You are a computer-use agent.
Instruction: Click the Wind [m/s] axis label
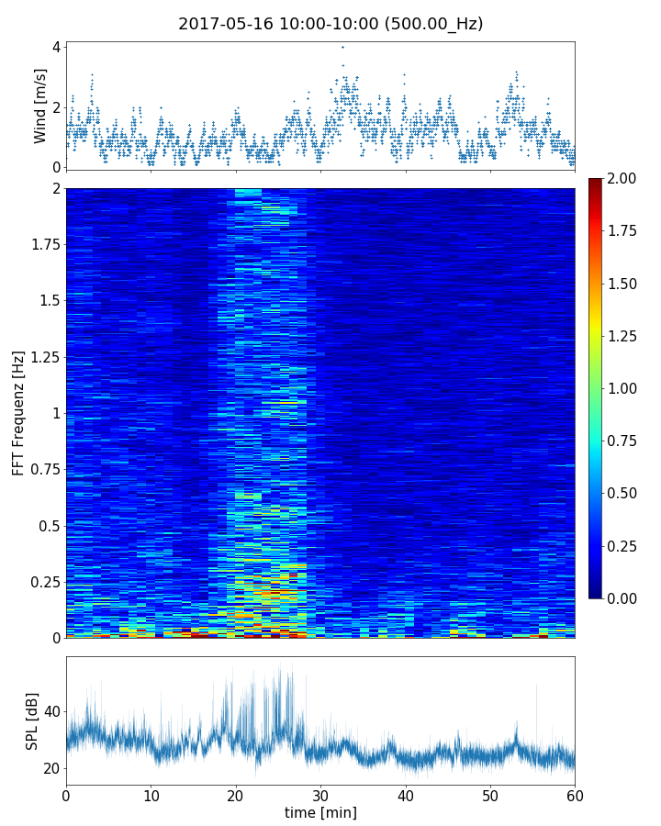click(40, 106)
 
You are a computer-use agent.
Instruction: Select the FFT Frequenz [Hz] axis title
click(18, 412)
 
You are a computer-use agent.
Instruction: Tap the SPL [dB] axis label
click(33, 720)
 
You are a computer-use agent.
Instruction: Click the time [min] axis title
click(320, 812)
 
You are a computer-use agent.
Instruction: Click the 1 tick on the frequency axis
click(55, 413)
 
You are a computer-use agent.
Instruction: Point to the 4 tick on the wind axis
click(56, 47)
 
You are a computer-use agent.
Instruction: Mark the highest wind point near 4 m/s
click(342, 47)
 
